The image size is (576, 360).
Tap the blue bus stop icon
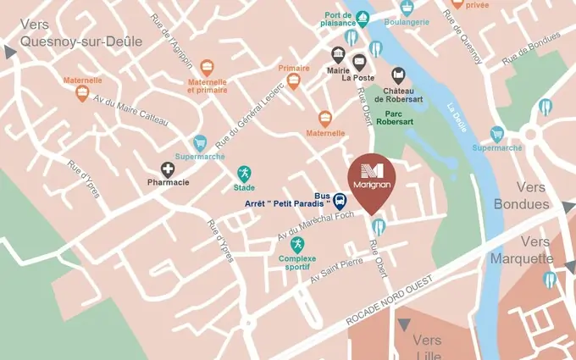pos(340,201)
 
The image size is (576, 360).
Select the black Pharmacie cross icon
pos(169,169)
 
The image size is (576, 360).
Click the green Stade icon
pos(244,173)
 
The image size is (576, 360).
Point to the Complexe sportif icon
pos(297,244)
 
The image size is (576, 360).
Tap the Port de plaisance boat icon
pos(363,17)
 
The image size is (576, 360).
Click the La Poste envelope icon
pos(359,61)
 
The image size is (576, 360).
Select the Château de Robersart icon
pos(398,75)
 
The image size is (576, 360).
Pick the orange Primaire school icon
pos(294,81)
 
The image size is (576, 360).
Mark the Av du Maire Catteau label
pos(130,109)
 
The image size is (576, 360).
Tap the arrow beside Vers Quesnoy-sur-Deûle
pos(10,53)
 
